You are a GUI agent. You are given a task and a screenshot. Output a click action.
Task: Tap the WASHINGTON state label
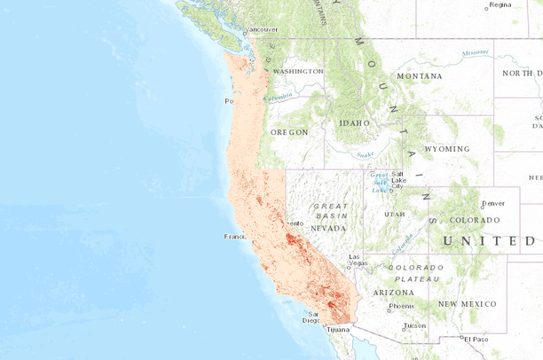pyautogui.click(x=298, y=71)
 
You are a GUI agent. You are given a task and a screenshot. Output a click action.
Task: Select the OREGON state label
pyautogui.click(x=289, y=131)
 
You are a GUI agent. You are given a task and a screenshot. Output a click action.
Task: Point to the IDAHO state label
pyautogui.click(x=354, y=124)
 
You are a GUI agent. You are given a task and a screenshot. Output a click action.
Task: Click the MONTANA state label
pyautogui.click(x=419, y=76)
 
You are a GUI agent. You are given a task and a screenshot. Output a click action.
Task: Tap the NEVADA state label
pyautogui.click(x=327, y=227)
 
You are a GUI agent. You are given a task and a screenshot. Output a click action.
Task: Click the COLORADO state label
pyautogui.click(x=475, y=220)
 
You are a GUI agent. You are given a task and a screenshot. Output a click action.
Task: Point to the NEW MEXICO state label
pyautogui.click(x=471, y=303)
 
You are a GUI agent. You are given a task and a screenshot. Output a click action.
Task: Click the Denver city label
pyautogui.click(x=492, y=202)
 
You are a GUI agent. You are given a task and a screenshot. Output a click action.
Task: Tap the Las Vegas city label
pyautogui.click(x=358, y=260)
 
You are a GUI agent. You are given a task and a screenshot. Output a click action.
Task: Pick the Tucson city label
pyautogui.click(x=414, y=325)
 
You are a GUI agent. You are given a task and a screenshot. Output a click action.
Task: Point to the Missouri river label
pyautogui.click(x=475, y=53)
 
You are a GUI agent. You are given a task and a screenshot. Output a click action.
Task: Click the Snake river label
pyautogui.click(x=365, y=153)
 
